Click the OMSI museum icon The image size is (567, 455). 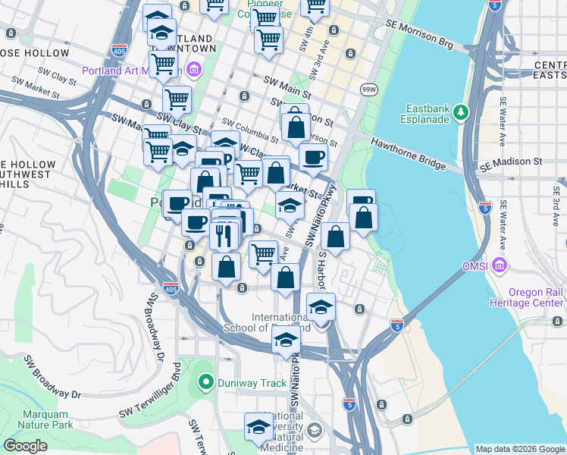point(500,266)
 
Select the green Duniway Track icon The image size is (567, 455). point(204,382)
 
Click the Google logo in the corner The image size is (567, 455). point(25,446)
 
